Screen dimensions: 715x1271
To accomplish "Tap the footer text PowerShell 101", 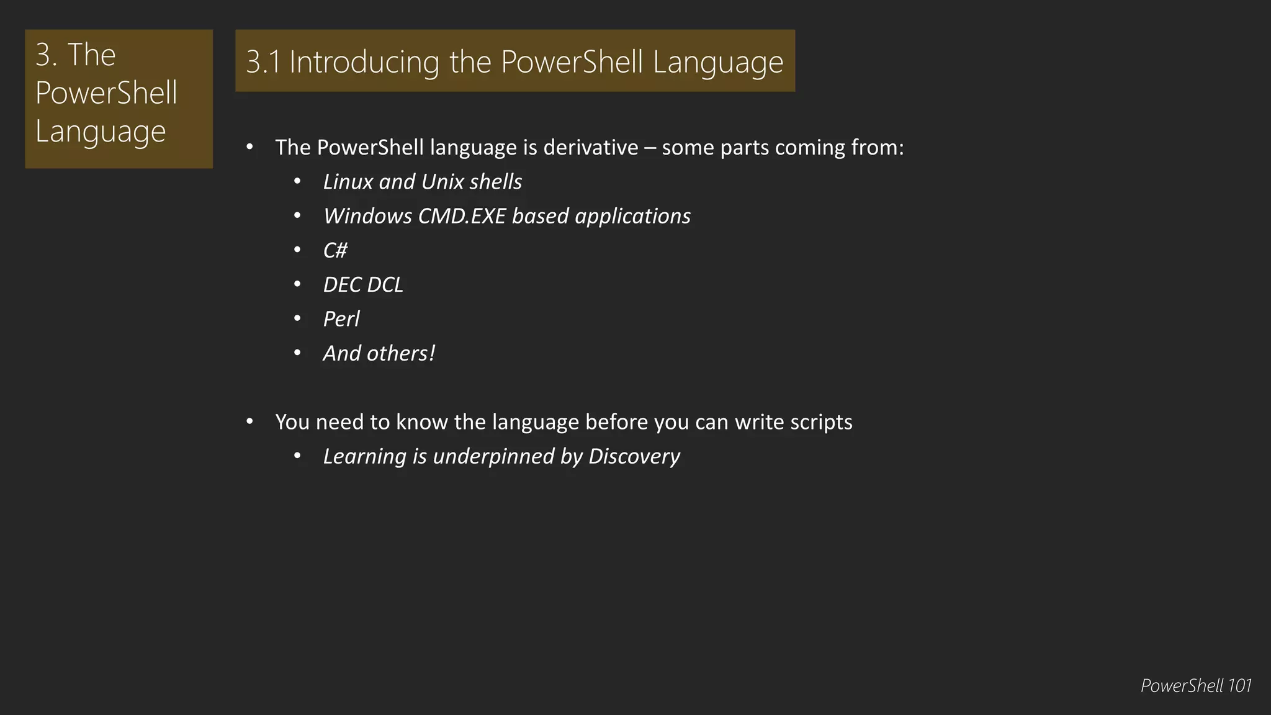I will click(x=1195, y=685).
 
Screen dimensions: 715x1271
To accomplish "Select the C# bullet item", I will click(x=335, y=250).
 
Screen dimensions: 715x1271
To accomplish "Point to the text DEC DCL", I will click(x=363, y=284).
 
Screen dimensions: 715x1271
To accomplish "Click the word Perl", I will click(x=341, y=319).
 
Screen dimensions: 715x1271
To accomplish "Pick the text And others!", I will click(x=379, y=353).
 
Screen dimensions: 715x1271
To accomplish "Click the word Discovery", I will click(x=634, y=456).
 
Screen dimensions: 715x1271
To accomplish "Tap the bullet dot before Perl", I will click(x=297, y=319).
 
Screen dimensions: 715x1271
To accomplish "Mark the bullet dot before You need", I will click(x=249, y=422).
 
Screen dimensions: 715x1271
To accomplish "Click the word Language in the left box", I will click(x=101, y=131).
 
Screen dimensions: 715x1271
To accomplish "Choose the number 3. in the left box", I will click(x=46, y=55).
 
